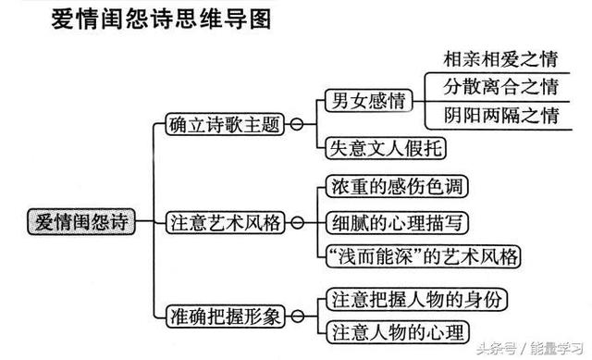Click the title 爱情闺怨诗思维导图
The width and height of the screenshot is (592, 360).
161,20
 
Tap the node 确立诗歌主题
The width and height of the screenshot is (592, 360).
224,123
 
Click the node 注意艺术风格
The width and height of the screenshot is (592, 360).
224,222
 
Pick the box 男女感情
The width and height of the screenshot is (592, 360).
366,102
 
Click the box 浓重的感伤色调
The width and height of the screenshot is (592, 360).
397,187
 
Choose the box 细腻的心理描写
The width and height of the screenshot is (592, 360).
397,222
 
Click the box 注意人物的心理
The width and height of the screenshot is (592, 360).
397,330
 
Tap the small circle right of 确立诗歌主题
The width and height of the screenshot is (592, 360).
295,123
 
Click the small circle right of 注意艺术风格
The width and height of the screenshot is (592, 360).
295,222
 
